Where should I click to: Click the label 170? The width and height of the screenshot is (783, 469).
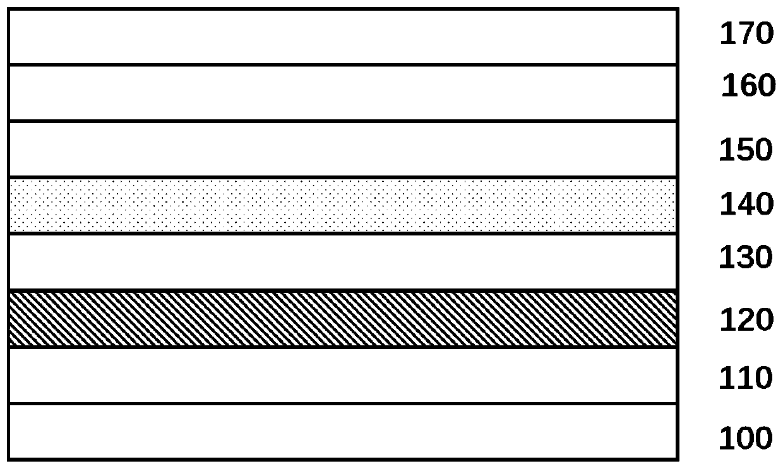click(746, 34)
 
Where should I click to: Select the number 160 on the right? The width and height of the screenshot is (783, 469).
click(748, 86)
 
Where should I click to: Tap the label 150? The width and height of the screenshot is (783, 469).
click(746, 150)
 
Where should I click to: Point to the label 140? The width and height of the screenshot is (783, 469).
click(746, 205)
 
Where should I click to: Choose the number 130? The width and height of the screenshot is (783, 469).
click(746, 258)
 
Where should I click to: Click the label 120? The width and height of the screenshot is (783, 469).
click(746, 321)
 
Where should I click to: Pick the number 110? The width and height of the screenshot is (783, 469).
click(746, 378)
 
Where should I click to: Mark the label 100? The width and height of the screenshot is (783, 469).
click(746, 438)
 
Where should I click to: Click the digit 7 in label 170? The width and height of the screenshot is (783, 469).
click(746, 34)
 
